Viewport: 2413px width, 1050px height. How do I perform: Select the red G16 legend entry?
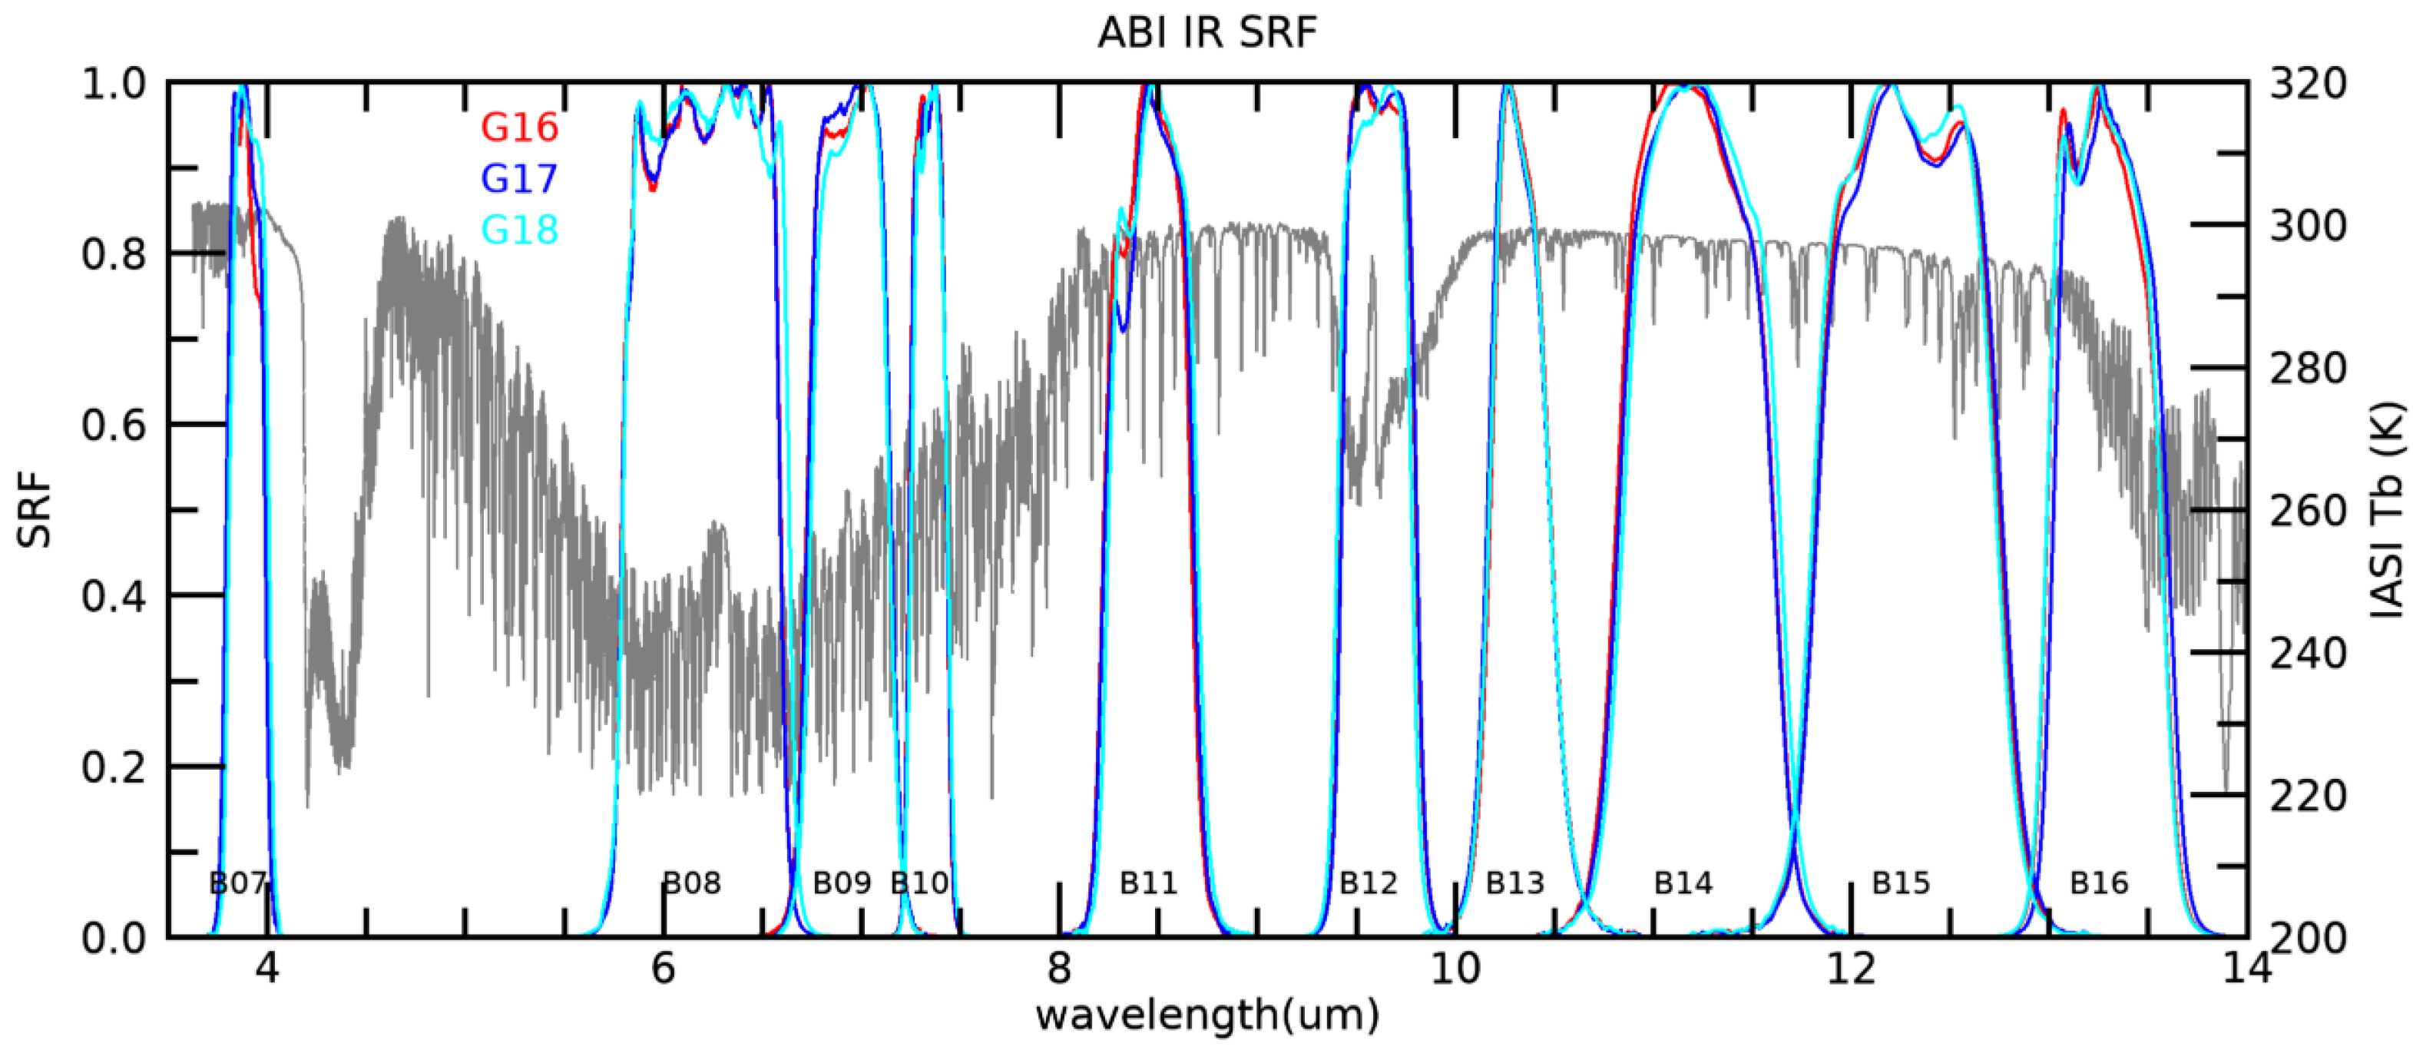[x=519, y=128]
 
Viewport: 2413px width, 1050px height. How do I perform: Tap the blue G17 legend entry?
[x=519, y=178]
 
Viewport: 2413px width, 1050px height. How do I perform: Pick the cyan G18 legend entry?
[x=519, y=230]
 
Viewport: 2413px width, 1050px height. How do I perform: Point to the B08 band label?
[x=692, y=883]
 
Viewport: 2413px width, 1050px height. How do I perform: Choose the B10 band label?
[x=919, y=883]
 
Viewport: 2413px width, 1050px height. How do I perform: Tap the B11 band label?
[x=1148, y=883]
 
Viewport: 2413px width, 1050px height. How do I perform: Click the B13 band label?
[x=1514, y=883]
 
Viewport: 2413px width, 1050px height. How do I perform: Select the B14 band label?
[x=1683, y=883]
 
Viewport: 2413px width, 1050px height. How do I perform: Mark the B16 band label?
[x=2099, y=883]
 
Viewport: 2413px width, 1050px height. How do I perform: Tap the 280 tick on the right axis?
[x=2308, y=368]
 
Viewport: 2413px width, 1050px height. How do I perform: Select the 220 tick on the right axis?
[x=2308, y=795]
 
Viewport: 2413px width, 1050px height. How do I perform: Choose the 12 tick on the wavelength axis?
[x=1851, y=969]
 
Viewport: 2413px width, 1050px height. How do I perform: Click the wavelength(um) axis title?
[x=1206, y=1015]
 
